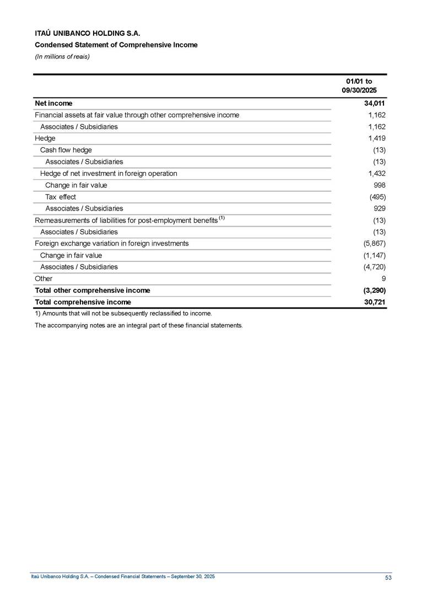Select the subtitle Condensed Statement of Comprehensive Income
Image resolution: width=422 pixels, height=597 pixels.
tap(116, 45)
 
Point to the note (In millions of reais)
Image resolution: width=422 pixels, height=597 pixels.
tap(62, 56)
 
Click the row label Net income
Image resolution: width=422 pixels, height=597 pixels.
tap(53, 103)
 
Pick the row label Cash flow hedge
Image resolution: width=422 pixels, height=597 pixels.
tap(66, 150)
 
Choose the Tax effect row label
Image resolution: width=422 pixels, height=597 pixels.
tap(61, 197)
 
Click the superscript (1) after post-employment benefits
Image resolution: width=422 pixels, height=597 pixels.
tap(221, 218)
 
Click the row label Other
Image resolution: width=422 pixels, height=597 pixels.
tap(44, 278)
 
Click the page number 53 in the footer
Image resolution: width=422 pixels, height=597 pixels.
tap(388, 577)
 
